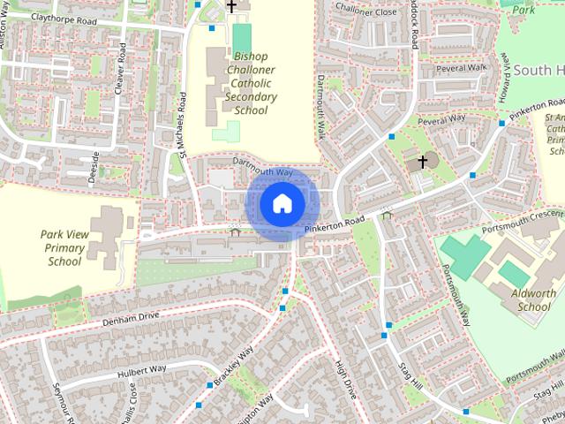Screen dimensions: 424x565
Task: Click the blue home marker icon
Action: click(x=281, y=203)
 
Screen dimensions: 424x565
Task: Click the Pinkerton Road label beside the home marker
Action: click(x=335, y=225)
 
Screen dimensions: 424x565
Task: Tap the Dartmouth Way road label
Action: click(x=262, y=167)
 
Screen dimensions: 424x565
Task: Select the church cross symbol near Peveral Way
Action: click(x=423, y=162)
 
